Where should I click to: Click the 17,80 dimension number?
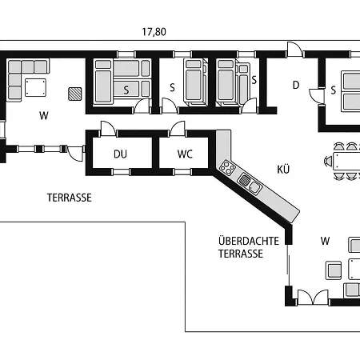[x=154, y=32]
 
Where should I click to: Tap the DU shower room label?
[x=120, y=154]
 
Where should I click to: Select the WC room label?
[x=185, y=154]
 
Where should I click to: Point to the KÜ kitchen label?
[x=283, y=169]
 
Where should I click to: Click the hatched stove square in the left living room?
[x=75, y=94]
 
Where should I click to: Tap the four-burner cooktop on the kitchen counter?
[x=227, y=167]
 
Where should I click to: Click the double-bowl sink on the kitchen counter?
[x=250, y=183]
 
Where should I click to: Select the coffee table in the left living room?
[x=35, y=87]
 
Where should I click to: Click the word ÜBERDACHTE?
[x=249, y=241]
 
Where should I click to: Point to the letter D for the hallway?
[x=296, y=85]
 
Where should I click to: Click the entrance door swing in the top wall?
[x=294, y=50]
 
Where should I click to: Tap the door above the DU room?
[x=108, y=129]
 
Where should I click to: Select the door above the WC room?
[x=178, y=129]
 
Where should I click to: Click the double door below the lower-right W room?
[x=313, y=297]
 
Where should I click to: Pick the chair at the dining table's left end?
[x=328, y=161]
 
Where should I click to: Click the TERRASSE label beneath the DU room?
[x=70, y=198]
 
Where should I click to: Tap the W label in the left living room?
[x=44, y=116]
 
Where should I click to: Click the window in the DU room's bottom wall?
[x=122, y=172]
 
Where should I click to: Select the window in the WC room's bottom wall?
[x=182, y=172]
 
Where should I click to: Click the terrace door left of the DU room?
[x=76, y=154]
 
